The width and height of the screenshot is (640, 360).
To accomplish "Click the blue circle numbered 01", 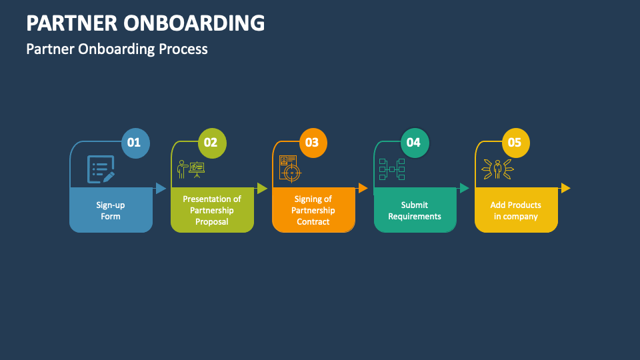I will (135, 143).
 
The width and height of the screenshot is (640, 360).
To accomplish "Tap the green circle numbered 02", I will (211, 143).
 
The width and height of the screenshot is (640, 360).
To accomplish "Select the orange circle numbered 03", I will (313, 143).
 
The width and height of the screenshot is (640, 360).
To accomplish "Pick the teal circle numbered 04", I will (414, 143).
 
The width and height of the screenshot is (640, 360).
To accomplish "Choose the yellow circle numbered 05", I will (515, 143).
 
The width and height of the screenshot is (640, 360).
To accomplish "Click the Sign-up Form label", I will (111, 211).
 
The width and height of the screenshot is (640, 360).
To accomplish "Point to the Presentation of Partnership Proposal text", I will (212, 210).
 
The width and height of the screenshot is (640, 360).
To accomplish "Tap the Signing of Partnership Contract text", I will (313, 210).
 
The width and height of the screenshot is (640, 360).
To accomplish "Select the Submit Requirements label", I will (415, 211).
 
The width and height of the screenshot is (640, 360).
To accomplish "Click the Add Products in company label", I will (516, 211).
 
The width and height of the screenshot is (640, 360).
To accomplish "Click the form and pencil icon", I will (101, 169).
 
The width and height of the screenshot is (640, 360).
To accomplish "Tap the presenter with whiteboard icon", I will (191, 169).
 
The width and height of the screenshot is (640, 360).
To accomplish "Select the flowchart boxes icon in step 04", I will (392, 169).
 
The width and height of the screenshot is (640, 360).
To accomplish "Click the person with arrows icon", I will (497, 169).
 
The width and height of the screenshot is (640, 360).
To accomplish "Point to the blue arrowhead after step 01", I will (161, 188).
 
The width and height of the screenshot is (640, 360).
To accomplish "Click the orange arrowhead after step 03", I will (363, 188).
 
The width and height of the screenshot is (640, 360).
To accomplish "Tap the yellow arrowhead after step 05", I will (565, 188).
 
